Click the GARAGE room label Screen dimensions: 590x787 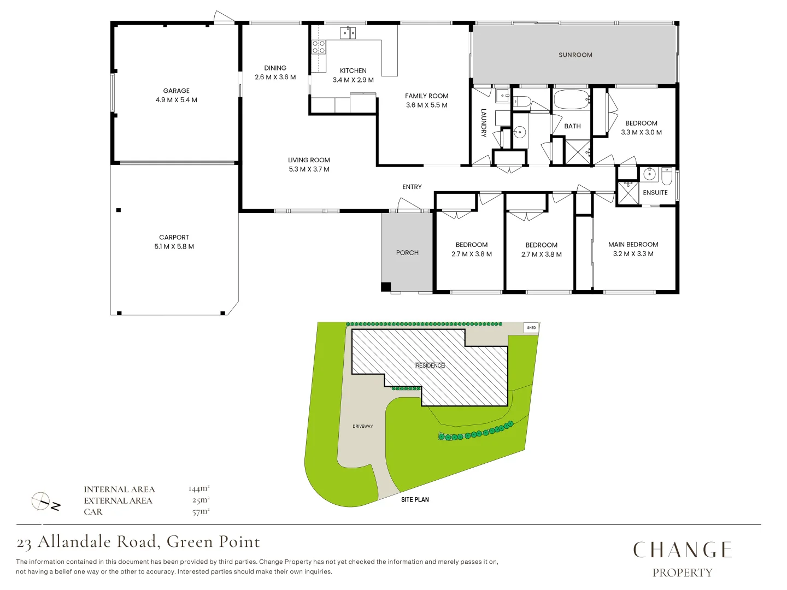pyautogui.click(x=176, y=91)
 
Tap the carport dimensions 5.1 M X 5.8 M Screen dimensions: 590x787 pyautogui.click(x=174, y=246)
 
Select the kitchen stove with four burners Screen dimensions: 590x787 pyautogui.click(x=319, y=47)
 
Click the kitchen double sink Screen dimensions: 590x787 pyautogui.click(x=348, y=33)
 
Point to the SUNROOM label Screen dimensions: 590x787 pyautogui.click(x=575, y=55)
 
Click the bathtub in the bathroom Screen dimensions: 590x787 pyautogui.click(x=571, y=100)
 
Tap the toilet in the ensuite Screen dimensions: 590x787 pyautogui.click(x=667, y=176)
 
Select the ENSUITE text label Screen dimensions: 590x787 pyautogui.click(x=655, y=193)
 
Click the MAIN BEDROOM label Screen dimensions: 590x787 pyautogui.click(x=633, y=244)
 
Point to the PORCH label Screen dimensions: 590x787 pyautogui.click(x=407, y=252)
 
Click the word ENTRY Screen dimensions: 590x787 pyautogui.click(x=412, y=187)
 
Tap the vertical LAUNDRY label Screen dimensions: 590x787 pyautogui.click(x=484, y=123)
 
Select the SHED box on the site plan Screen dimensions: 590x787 pyautogui.click(x=531, y=328)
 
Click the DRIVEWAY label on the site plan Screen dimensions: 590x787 pyautogui.click(x=362, y=426)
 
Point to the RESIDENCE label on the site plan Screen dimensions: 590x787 pyautogui.click(x=430, y=365)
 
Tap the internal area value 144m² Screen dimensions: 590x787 pyautogui.click(x=199, y=488)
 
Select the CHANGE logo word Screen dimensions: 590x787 pyautogui.click(x=682, y=550)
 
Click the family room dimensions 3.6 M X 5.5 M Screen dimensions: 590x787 pyautogui.click(x=426, y=105)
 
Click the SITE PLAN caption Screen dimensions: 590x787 pyautogui.click(x=415, y=499)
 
